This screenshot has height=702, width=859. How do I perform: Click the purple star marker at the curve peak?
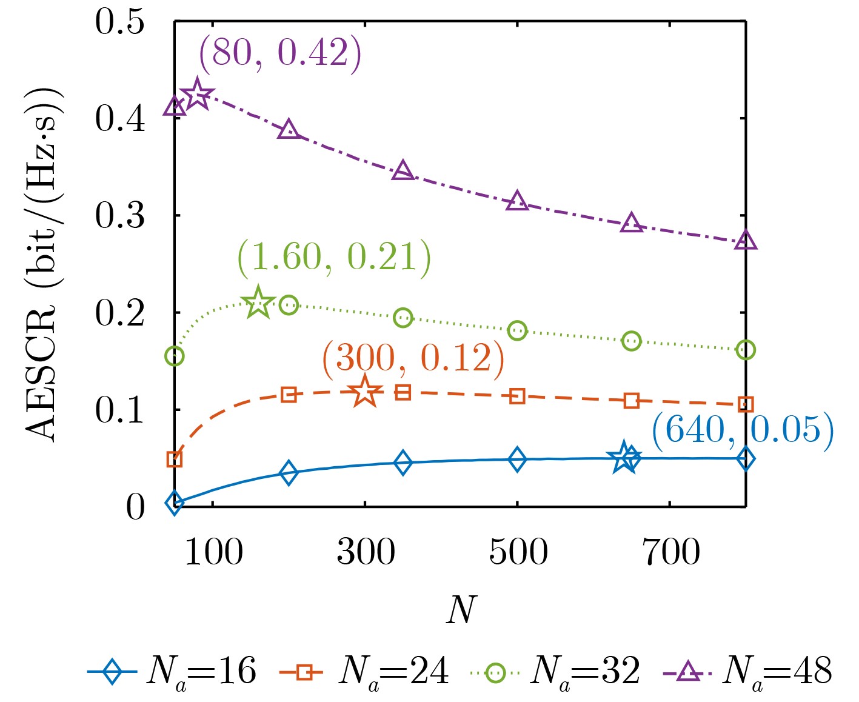click(197, 95)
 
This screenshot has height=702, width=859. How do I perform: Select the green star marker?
click(258, 302)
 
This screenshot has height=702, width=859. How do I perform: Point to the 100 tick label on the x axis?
click(213, 552)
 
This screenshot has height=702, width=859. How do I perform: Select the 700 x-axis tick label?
click(670, 552)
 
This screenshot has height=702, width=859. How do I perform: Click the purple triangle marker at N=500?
click(517, 201)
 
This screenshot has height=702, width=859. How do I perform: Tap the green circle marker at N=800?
click(745, 350)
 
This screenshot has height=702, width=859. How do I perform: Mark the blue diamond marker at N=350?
click(403, 463)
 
